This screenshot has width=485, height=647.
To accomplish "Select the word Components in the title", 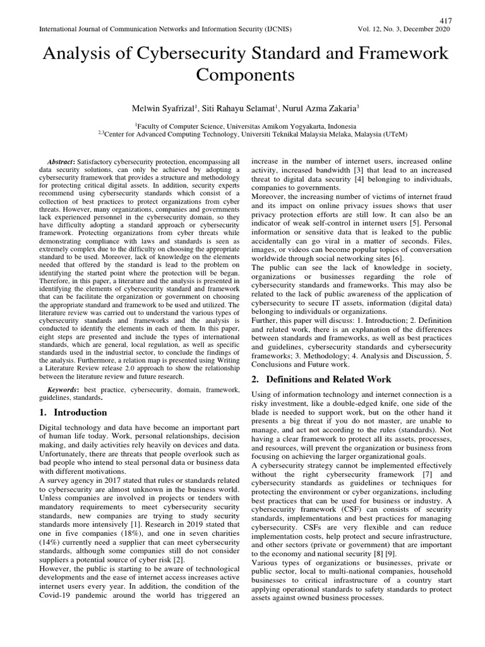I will (x=245, y=75).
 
